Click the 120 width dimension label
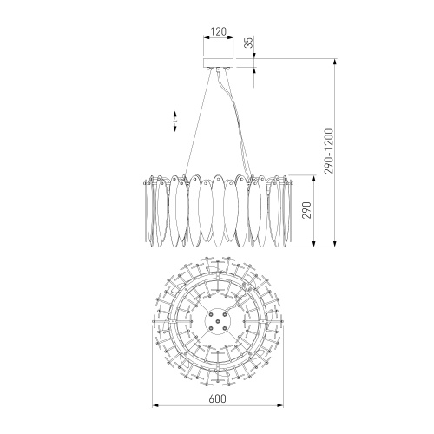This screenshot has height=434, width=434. coord(218,31)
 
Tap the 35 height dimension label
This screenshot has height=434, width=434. coord(249,43)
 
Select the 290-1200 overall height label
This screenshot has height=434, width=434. coord(329,151)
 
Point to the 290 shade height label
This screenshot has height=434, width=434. coord(306,210)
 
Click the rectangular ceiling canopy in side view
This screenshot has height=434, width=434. coord(218,62)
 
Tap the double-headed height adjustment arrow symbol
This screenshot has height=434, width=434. coord(175,122)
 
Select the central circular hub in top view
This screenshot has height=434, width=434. coord(218,321)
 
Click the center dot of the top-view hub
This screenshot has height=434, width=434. coord(218,321)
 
